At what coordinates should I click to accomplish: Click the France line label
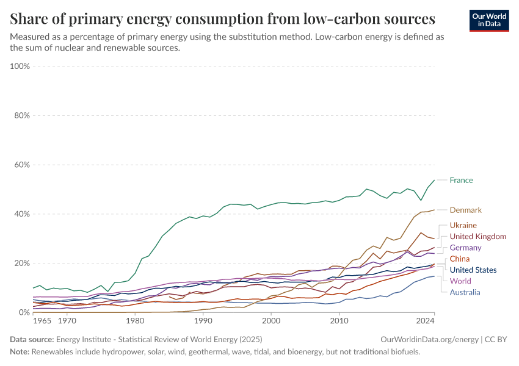[461, 180]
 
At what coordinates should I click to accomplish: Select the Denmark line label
[465, 210]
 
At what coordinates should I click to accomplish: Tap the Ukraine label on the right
[463, 225]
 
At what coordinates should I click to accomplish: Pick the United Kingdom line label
[477, 236]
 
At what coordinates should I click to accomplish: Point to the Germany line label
[465, 248]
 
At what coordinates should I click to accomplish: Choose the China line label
[460, 259]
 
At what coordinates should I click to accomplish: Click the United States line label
[473, 270]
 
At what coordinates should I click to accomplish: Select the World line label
[460, 281]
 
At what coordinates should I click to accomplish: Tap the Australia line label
[465, 292]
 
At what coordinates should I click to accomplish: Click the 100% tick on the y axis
[20, 66]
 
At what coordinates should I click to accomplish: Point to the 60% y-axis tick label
[22, 165]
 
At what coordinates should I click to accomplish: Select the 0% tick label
[24, 312]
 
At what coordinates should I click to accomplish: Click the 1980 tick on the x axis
[135, 320]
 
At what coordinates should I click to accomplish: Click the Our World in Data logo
[488, 20]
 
